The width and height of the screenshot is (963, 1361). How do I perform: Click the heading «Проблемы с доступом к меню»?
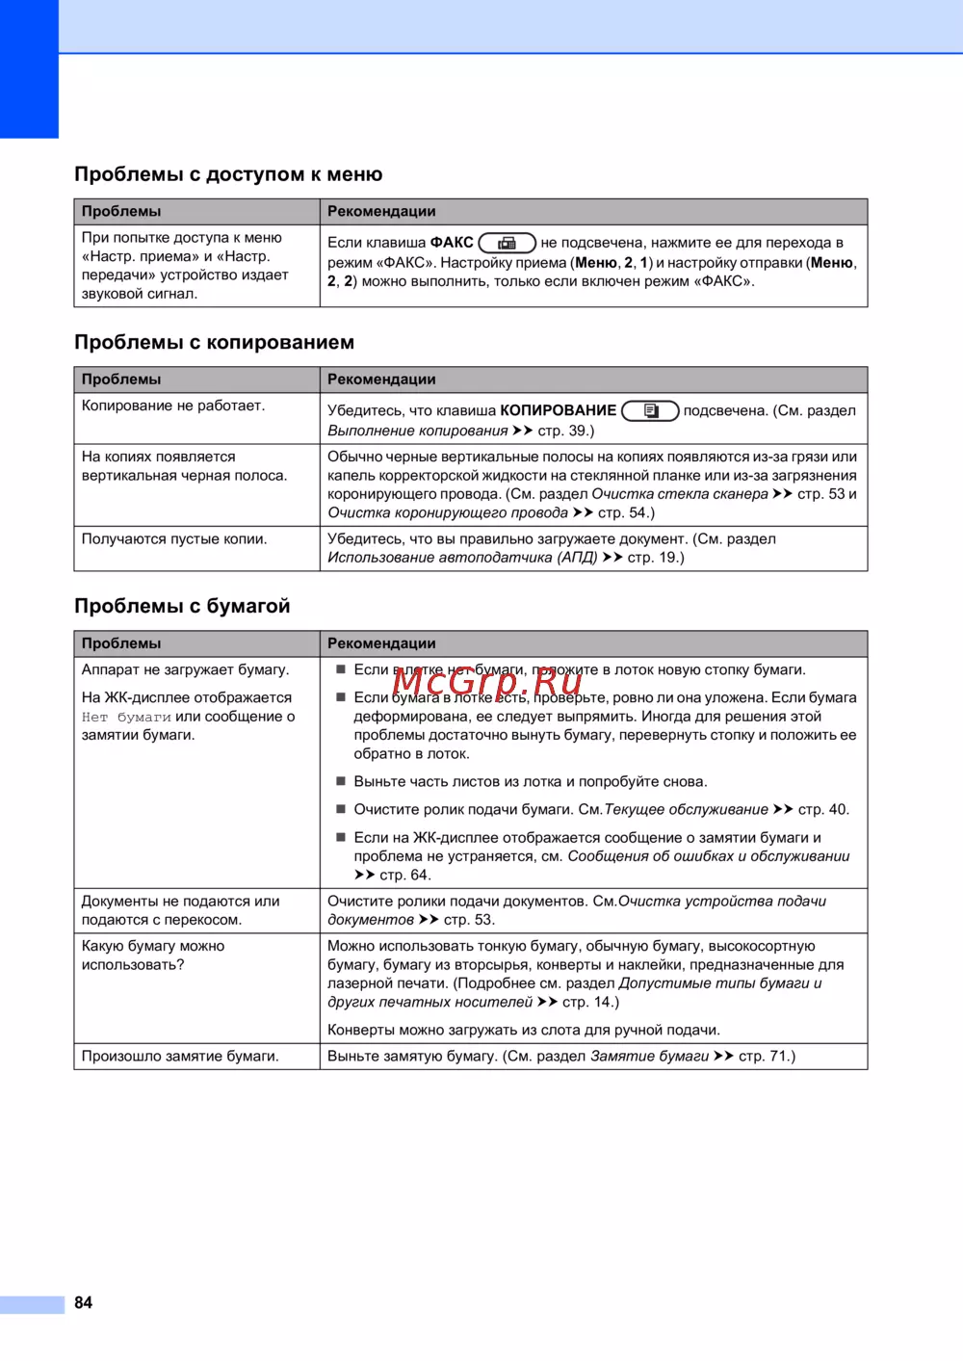pos(228,174)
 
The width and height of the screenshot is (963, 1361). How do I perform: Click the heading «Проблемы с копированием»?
pos(214,342)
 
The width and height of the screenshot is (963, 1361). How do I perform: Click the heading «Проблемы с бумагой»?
pos(182,606)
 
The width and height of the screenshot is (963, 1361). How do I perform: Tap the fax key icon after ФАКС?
pos(507,243)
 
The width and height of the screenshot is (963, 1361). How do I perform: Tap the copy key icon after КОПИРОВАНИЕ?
pos(650,411)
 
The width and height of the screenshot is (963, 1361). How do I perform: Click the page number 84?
pos(84,1302)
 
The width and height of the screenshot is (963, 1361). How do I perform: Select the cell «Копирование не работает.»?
pos(173,406)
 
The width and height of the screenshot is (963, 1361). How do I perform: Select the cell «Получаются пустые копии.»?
pos(174,538)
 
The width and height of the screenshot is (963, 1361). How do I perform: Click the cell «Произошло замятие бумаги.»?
pos(180,1056)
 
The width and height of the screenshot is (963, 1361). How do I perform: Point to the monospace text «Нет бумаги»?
pos(126,717)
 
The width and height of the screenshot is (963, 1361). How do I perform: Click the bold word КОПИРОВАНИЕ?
pos(558,410)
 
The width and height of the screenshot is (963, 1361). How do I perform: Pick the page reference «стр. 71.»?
pos(767,1056)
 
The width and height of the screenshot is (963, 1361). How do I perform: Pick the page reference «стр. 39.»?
pos(565,431)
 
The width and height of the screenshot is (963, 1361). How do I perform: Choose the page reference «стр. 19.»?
pos(656,557)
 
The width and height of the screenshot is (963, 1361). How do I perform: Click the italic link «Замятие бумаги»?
pos(649,1056)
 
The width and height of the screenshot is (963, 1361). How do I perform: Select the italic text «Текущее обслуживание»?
pos(686,809)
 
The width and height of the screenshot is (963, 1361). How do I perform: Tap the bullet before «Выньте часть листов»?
pos(340,781)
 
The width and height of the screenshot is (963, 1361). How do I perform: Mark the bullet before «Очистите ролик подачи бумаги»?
pos(340,809)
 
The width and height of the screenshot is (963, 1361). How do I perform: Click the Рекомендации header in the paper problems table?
pos(381,643)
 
